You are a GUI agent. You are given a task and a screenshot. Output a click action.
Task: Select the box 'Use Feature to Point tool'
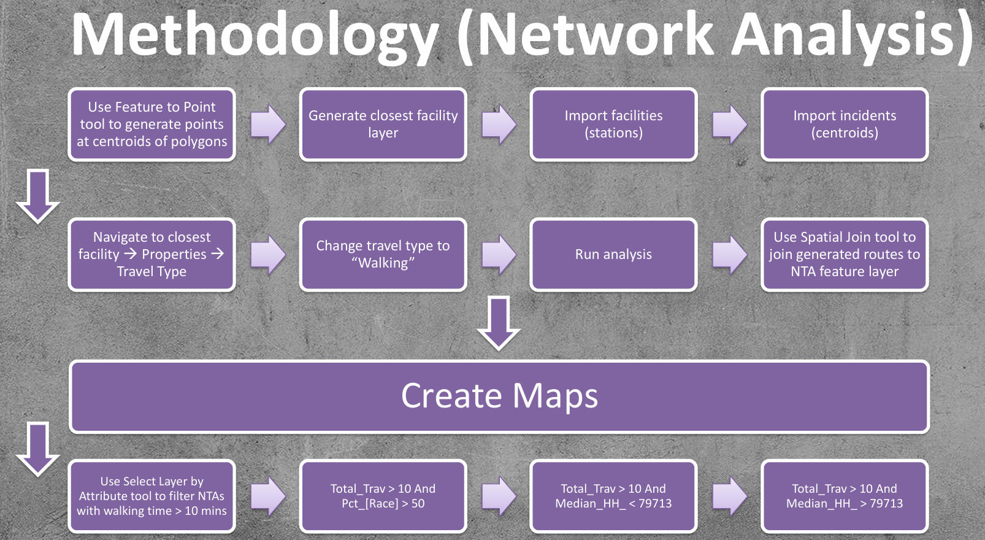pos(151,125)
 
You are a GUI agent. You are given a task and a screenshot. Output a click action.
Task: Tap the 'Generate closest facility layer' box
pos(383,125)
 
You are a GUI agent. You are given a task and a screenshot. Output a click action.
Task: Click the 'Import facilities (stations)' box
pos(613,125)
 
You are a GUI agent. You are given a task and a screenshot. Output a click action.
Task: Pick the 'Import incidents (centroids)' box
pos(844,125)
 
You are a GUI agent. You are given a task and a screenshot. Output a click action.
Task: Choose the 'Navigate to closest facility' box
pos(151,255)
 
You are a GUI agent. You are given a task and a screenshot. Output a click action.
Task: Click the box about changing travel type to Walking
pos(383,255)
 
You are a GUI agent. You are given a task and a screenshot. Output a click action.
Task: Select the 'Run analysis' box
pos(613,255)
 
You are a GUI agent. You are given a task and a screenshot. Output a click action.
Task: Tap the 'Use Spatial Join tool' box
pos(844,255)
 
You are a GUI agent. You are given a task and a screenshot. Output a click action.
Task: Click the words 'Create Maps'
pos(499,396)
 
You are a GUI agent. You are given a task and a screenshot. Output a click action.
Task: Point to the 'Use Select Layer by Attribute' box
pos(151,496)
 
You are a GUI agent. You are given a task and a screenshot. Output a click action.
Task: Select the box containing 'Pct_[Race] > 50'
pos(383,496)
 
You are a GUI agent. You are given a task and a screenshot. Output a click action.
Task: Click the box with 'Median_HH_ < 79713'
pos(613,496)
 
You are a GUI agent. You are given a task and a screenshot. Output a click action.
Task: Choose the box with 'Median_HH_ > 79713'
pos(844,496)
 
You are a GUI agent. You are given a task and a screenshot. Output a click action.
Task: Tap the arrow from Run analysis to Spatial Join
pos(729,254)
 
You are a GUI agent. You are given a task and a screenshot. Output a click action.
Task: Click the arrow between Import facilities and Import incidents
pos(729,124)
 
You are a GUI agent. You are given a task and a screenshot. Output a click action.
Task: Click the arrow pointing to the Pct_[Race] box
pos(268,496)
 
